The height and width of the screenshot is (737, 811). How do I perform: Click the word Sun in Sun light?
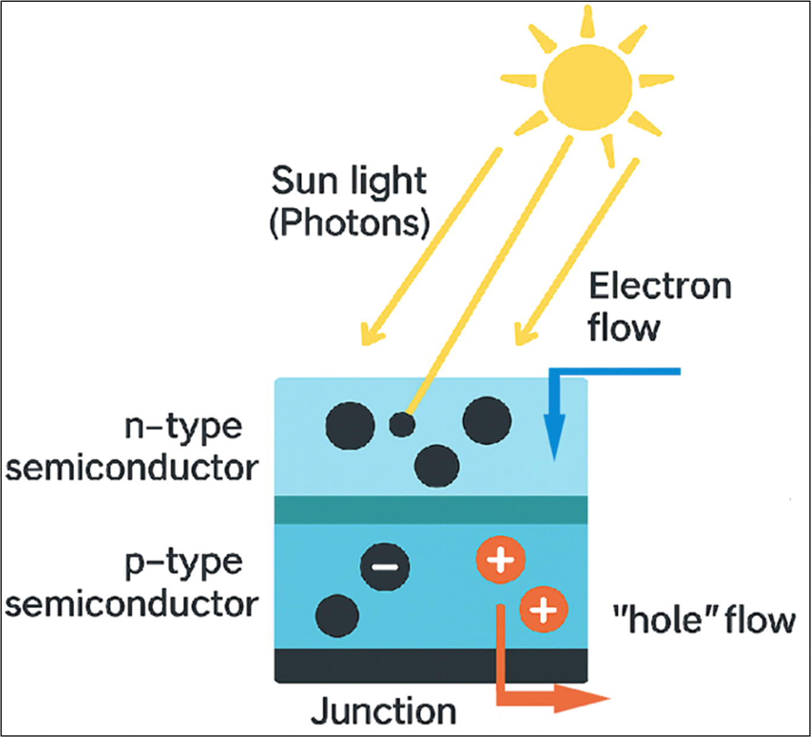point(301,180)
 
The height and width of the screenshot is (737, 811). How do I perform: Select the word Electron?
point(660,287)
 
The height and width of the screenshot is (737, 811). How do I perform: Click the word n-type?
point(183,427)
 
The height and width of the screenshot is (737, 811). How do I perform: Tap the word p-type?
point(183,562)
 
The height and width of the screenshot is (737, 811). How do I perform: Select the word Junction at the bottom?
point(384,711)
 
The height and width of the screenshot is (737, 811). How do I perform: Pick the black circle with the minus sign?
point(385,566)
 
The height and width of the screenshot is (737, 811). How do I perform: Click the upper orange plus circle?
point(500,559)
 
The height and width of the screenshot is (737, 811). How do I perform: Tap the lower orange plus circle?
point(543,609)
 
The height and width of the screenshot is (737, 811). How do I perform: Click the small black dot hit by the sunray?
point(402,424)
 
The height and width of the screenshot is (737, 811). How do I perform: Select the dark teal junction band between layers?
point(430,510)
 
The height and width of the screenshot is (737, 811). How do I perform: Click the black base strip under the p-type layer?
point(386,665)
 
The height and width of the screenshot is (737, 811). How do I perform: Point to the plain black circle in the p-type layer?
point(337,616)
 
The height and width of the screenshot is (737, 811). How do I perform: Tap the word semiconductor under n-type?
point(132,468)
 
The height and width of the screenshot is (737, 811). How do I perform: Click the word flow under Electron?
point(623,328)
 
